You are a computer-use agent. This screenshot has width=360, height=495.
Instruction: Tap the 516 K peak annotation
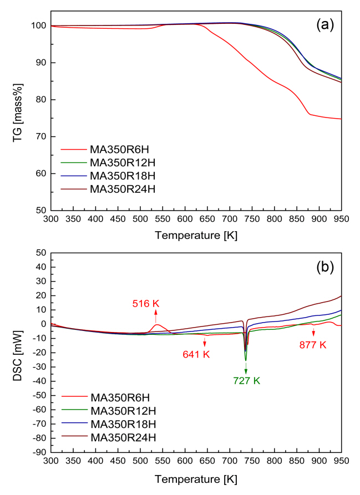tap(146, 303)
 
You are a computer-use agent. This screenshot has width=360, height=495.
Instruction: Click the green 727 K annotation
tap(246, 380)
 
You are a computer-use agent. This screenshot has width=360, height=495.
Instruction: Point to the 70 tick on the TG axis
tap(40, 137)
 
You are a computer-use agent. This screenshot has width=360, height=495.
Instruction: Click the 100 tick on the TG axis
tap(38, 25)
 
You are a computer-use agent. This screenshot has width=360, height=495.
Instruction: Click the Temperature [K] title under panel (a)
tap(196, 236)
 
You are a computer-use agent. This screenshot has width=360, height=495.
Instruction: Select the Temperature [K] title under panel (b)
tap(196, 478)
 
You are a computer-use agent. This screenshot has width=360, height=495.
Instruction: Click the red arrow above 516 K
tap(156, 313)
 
